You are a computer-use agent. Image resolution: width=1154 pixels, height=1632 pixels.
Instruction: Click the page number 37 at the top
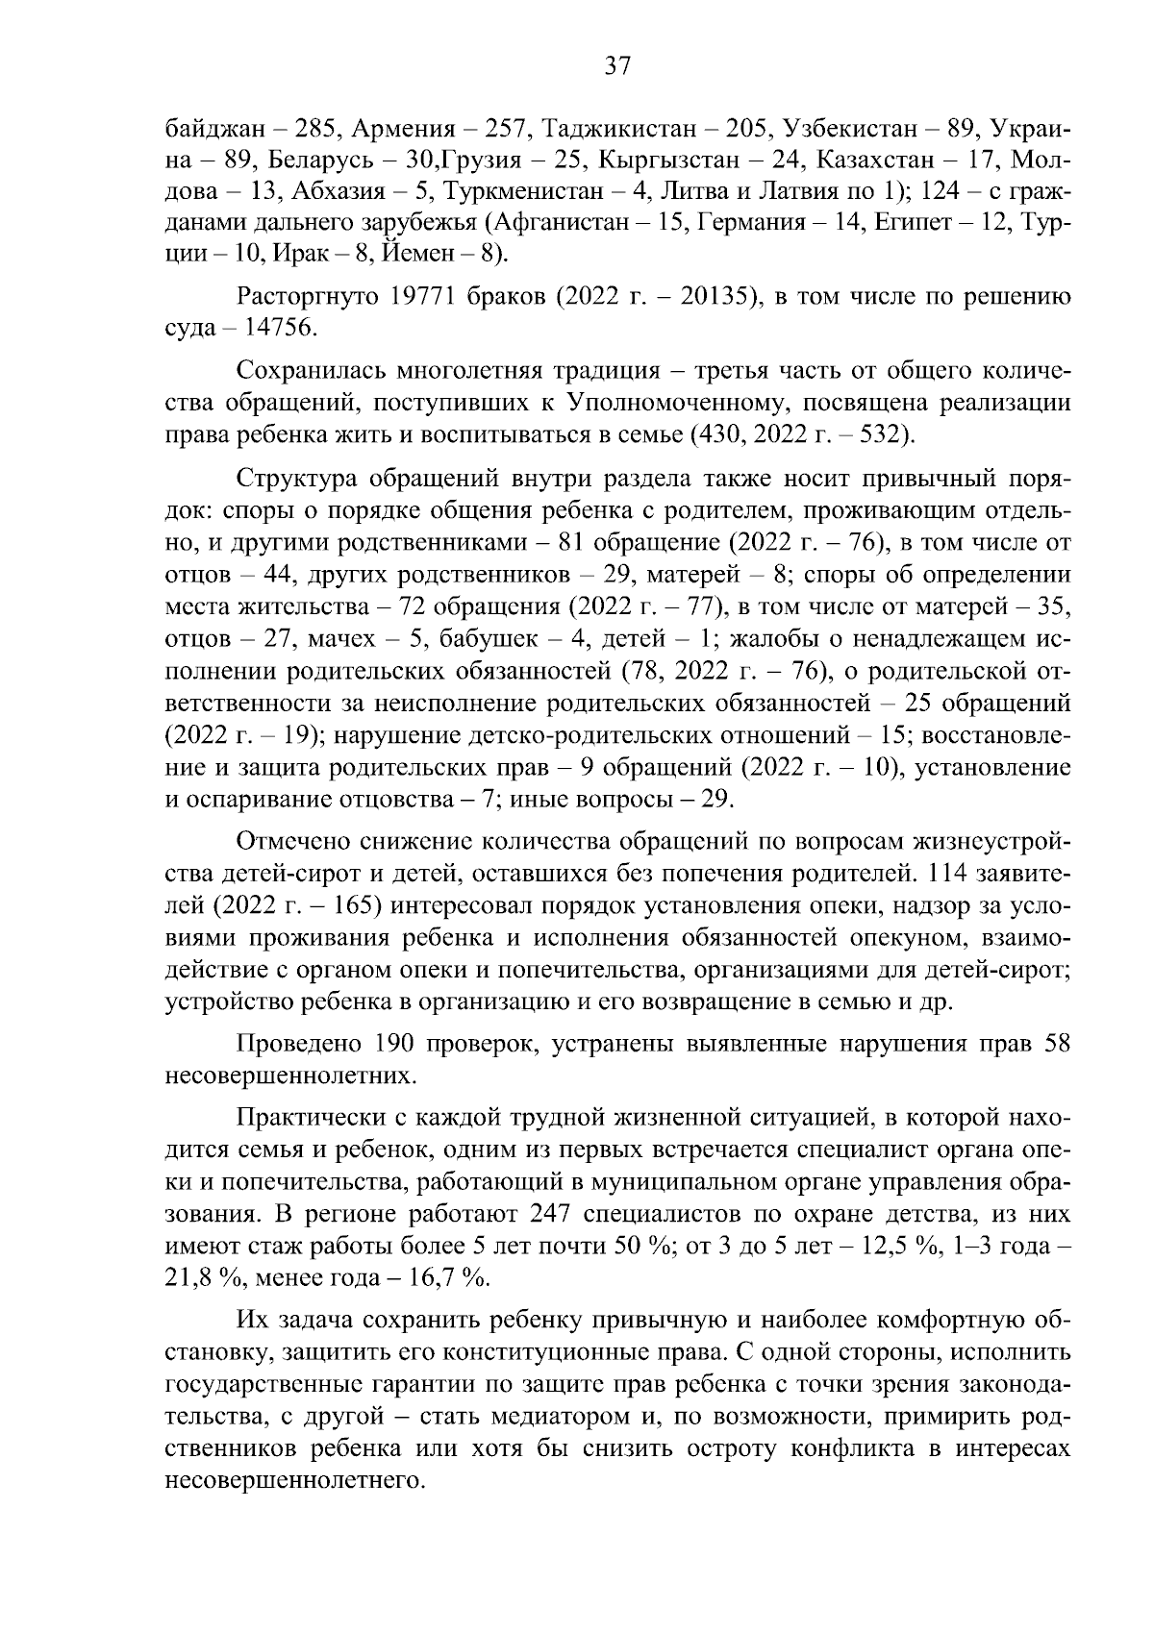tap(616, 65)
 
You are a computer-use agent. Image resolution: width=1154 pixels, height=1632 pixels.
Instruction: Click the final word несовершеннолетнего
tap(295, 1479)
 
